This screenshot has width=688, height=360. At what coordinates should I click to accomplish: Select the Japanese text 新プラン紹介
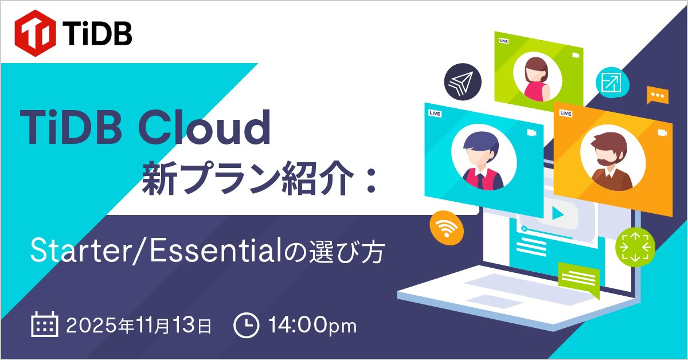(247, 179)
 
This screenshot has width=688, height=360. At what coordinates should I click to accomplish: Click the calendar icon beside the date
(44, 326)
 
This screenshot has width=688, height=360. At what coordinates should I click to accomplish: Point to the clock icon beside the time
(246, 326)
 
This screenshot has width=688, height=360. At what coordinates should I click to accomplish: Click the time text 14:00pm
(312, 326)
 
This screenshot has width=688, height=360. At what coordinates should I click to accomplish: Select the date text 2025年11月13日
(139, 326)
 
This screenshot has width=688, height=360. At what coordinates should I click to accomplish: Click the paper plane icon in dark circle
(462, 84)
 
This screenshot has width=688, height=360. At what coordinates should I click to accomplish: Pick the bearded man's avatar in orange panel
(608, 156)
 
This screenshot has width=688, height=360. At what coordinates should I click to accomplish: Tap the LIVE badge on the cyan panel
(435, 114)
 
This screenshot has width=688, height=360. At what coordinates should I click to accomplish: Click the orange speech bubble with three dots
(657, 95)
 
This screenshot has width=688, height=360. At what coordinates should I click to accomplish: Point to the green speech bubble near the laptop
(578, 278)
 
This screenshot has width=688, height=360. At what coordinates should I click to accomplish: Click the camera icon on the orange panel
(663, 133)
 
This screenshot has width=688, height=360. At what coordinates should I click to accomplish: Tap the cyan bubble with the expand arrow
(610, 84)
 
